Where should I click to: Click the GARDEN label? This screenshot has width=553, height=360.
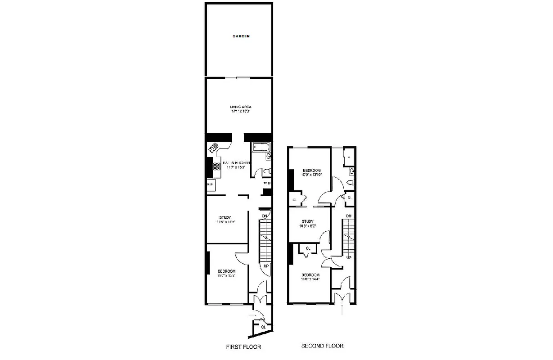(241, 36)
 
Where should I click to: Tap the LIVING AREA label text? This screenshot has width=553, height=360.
(240, 107)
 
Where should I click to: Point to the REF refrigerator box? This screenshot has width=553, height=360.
(210, 184)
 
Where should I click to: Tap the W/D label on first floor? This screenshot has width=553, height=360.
(266, 183)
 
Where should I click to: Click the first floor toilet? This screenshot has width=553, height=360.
(266, 171)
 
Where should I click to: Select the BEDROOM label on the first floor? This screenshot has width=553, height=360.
(226, 271)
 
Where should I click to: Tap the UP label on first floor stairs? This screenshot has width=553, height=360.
(266, 266)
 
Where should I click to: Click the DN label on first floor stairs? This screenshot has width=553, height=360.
(265, 216)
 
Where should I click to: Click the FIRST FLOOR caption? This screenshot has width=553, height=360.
(243, 347)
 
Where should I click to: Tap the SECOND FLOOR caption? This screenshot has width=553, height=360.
(322, 346)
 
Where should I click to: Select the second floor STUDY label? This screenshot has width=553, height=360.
(307, 221)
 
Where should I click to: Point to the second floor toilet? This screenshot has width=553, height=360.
(351, 182)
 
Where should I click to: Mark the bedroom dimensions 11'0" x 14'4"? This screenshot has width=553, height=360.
(310, 279)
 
